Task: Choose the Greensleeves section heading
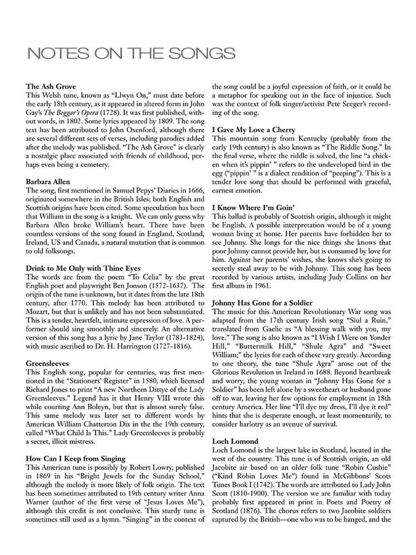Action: pyautogui.click(x=52, y=363)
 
